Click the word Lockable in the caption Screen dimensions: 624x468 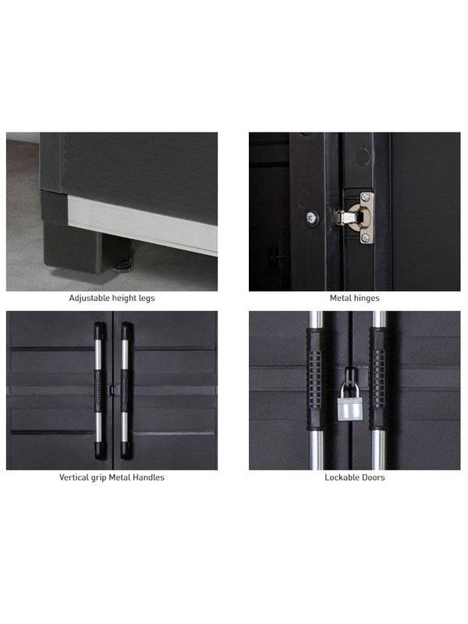click(341, 477)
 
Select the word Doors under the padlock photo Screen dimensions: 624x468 click(372, 477)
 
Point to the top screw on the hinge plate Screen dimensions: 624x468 click(364, 197)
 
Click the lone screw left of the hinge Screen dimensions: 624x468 click(313, 218)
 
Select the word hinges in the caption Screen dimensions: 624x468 click(366, 298)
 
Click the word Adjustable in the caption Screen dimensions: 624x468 click(90, 298)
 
